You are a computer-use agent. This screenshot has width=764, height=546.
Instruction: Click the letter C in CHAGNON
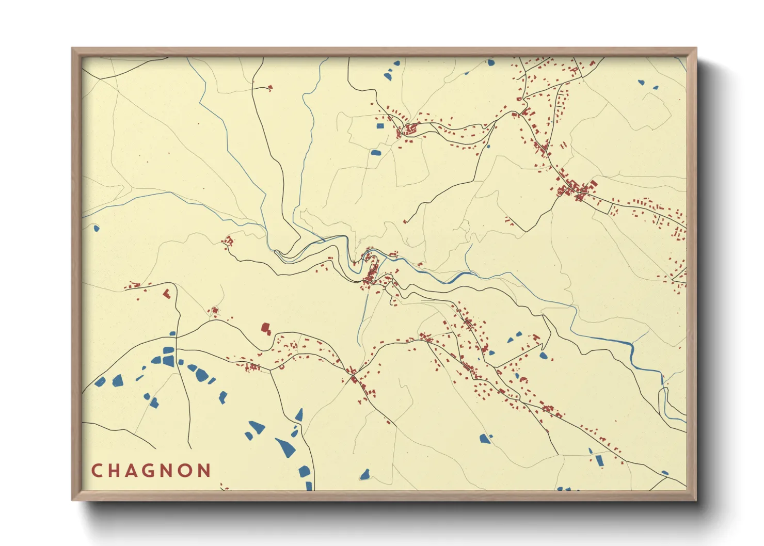96,471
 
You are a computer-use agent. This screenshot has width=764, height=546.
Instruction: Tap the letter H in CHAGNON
115,471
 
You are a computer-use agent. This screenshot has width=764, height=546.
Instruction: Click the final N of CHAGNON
205,471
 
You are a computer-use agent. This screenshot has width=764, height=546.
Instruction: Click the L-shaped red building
166,294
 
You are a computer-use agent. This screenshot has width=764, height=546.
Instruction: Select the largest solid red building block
266,328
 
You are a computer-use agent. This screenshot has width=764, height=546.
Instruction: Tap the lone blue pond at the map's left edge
96,228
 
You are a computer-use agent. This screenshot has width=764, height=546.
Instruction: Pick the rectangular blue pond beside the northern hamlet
380,125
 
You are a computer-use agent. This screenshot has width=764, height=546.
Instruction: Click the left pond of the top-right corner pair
641,82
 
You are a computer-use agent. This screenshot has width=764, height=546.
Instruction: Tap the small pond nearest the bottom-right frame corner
665,473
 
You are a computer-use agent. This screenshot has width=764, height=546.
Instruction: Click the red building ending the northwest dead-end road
270,88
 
